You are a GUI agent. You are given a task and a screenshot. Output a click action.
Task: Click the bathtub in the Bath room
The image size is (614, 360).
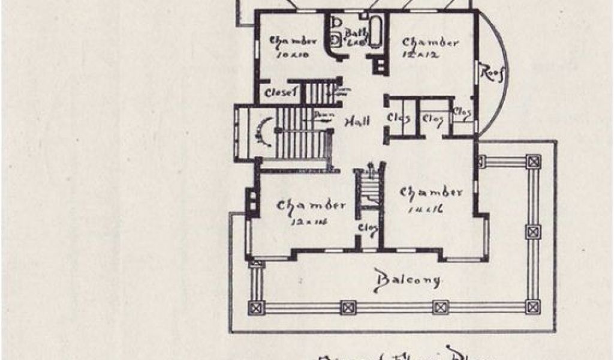click(375, 32)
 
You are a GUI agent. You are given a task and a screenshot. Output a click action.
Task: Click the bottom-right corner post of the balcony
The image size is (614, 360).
click(533, 307)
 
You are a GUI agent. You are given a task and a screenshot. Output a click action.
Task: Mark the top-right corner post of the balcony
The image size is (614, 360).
click(533, 161)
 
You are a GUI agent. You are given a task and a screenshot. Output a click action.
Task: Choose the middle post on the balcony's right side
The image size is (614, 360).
click(533, 232)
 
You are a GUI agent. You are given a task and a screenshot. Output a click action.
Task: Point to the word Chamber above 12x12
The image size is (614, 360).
click(431, 42)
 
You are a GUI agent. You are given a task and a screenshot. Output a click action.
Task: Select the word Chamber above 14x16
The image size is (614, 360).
click(431, 193)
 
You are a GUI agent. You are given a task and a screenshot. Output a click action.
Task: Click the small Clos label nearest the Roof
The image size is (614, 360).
click(461, 112)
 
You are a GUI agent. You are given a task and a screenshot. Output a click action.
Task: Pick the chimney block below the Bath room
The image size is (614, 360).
click(379, 65)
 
